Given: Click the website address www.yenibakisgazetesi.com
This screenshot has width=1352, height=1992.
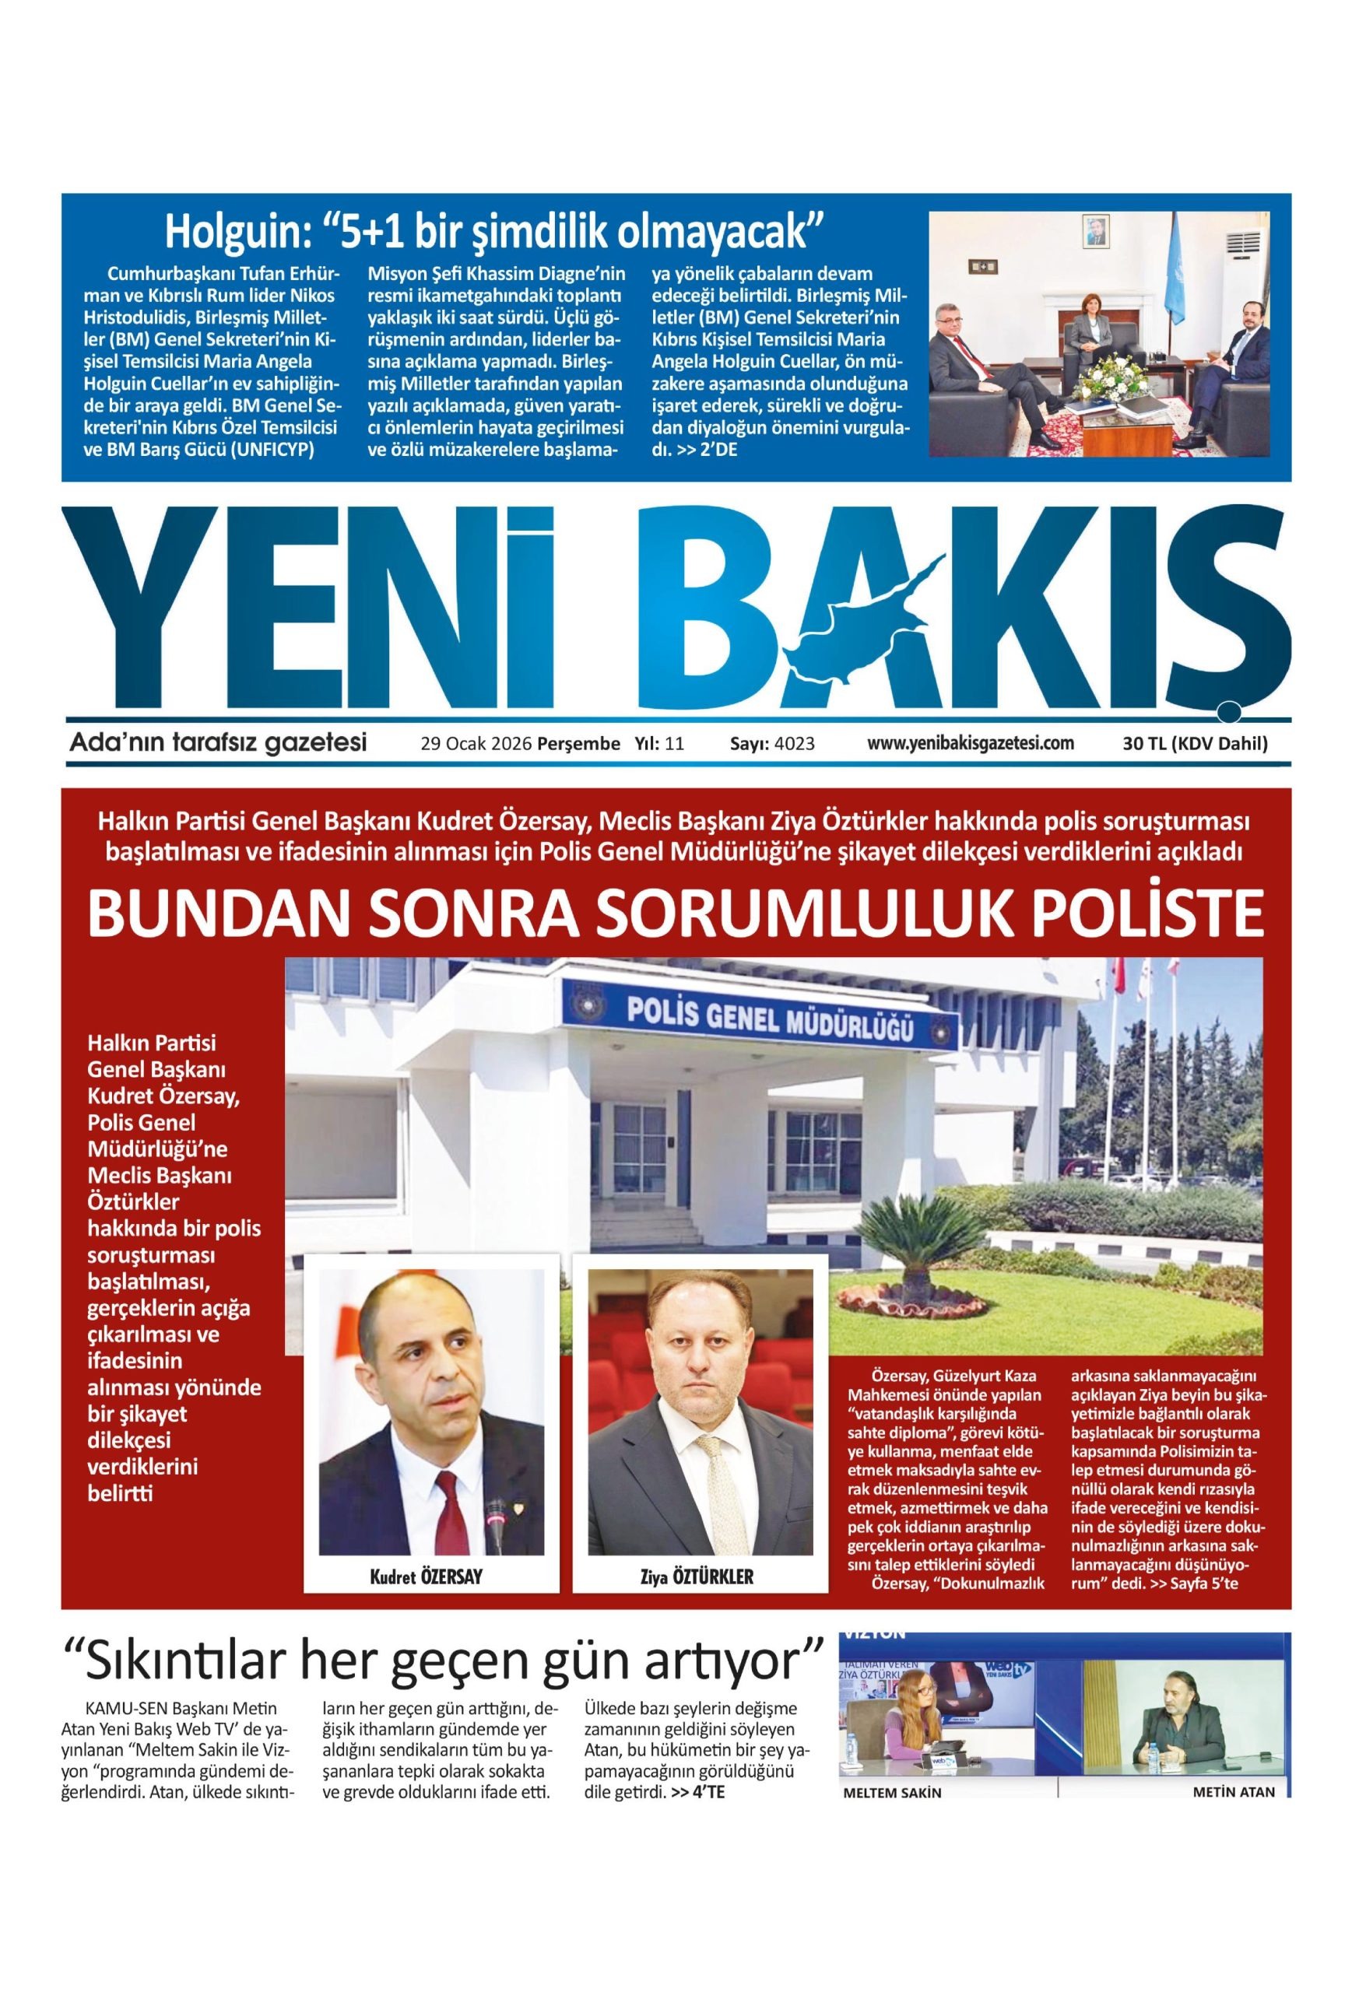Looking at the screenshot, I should (971, 742).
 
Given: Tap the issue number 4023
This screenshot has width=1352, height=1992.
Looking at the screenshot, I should (794, 743).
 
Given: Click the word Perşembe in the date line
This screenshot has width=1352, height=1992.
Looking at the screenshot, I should (578, 743).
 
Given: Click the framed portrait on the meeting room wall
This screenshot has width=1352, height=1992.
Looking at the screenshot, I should (1095, 231).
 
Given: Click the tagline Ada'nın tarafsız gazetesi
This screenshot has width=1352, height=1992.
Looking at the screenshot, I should (218, 742).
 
